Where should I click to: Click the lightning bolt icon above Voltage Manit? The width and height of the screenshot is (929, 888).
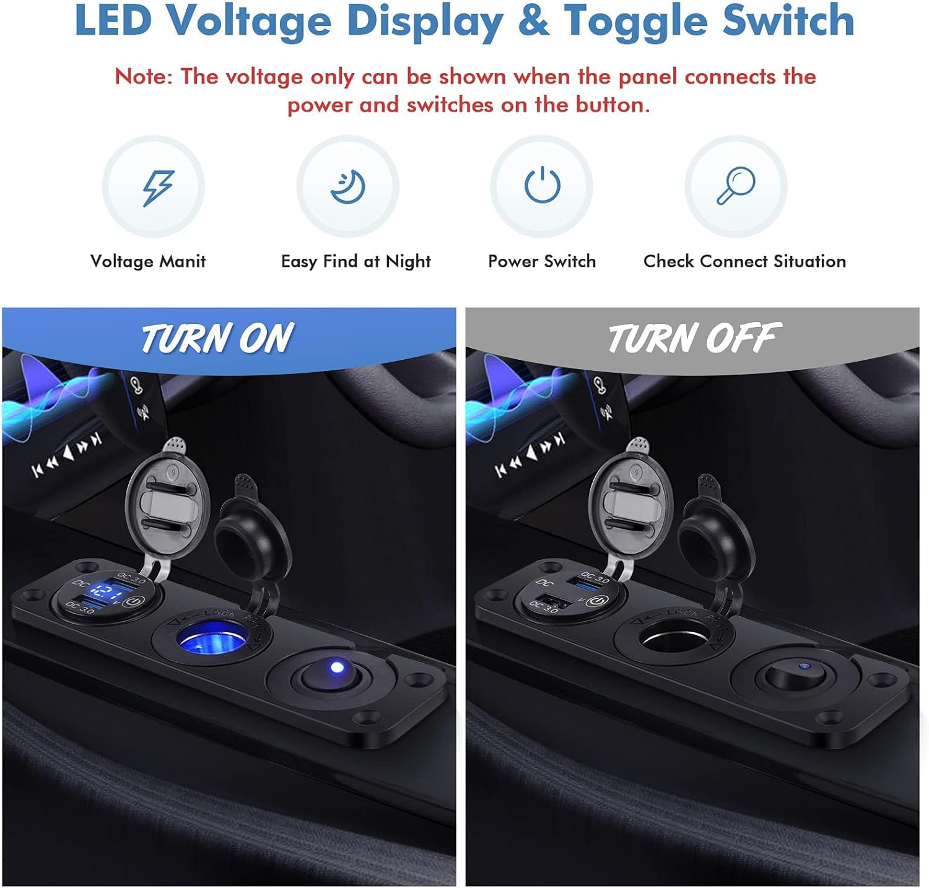(158, 187)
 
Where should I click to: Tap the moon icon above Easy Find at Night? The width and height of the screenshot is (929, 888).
(348, 187)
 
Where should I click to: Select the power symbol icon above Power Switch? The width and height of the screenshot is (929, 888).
(542, 186)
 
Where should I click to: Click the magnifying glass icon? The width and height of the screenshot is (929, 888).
(736, 185)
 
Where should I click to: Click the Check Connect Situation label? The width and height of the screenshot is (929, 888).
(744, 261)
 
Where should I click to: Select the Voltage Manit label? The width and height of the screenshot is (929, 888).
(148, 261)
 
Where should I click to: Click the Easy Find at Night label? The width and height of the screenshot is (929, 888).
(355, 261)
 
